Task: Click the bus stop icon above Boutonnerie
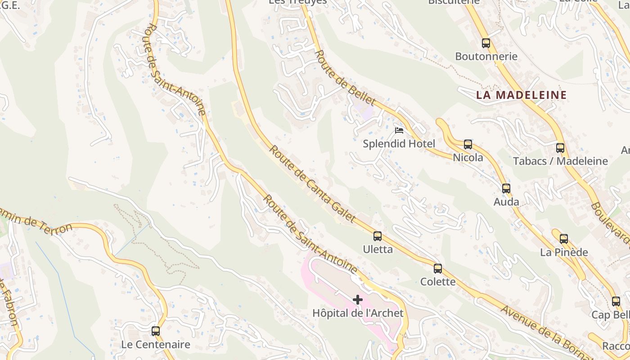click(486, 43)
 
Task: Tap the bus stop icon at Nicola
click(468, 144)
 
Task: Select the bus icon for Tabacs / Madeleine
click(560, 148)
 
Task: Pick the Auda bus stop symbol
click(506, 189)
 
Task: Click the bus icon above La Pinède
click(564, 239)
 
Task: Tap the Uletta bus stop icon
click(378, 236)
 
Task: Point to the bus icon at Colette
click(438, 269)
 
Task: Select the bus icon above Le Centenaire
click(156, 331)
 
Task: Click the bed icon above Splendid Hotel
click(399, 131)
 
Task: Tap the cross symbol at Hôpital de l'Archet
click(358, 300)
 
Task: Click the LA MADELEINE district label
click(521, 95)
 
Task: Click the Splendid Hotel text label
click(399, 144)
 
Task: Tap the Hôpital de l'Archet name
click(358, 313)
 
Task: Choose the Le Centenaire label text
click(156, 345)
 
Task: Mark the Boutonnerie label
click(486, 57)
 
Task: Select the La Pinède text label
click(564, 252)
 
